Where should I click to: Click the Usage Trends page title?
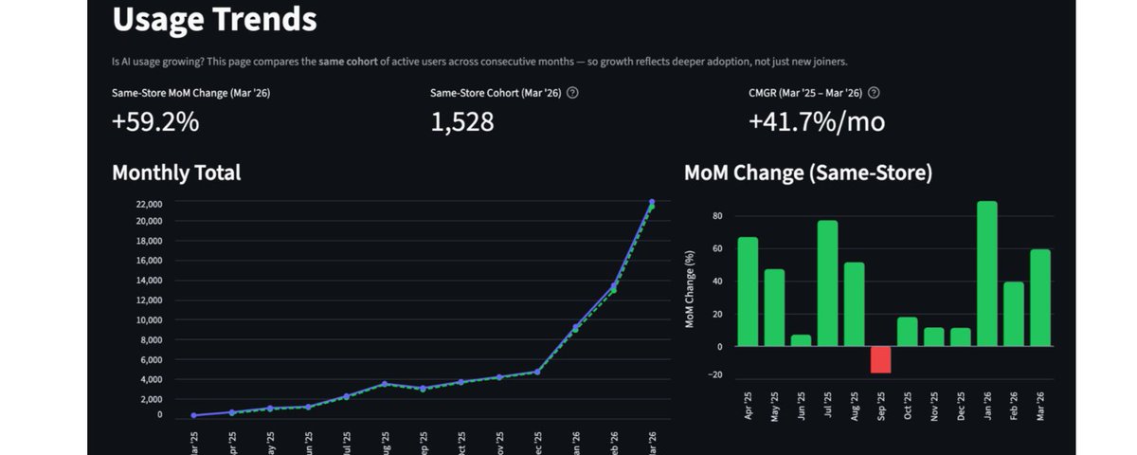pyautogui.click(x=214, y=18)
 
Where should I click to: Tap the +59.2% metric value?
pyautogui.click(x=155, y=122)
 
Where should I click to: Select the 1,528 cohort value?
pyautogui.click(x=462, y=122)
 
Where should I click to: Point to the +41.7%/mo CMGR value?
pyautogui.click(x=817, y=122)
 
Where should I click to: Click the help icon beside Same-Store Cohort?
pyautogui.click(x=572, y=93)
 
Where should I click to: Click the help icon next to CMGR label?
pyautogui.click(x=874, y=93)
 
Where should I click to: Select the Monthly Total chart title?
pyautogui.click(x=176, y=173)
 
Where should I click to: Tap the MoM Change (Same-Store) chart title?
pyautogui.click(x=808, y=173)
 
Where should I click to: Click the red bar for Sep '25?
pyautogui.click(x=881, y=359)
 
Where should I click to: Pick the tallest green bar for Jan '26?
pyautogui.click(x=987, y=274)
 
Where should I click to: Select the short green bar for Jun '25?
pyautogui.click(x=801, y=340)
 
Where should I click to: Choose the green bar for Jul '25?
pyautogui.click(x=827, y=283)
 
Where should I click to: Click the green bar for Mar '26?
pyautogui.click(x=1040, y=298)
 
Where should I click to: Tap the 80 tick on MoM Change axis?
pyautogui.click(x=717, y=216)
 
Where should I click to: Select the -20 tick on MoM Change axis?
pyautogui.click(x=715, y=374)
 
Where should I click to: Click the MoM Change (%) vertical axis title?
pyautogui.click(x=691, y=290)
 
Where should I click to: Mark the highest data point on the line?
pyautogui.click(x=652, y=202)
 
